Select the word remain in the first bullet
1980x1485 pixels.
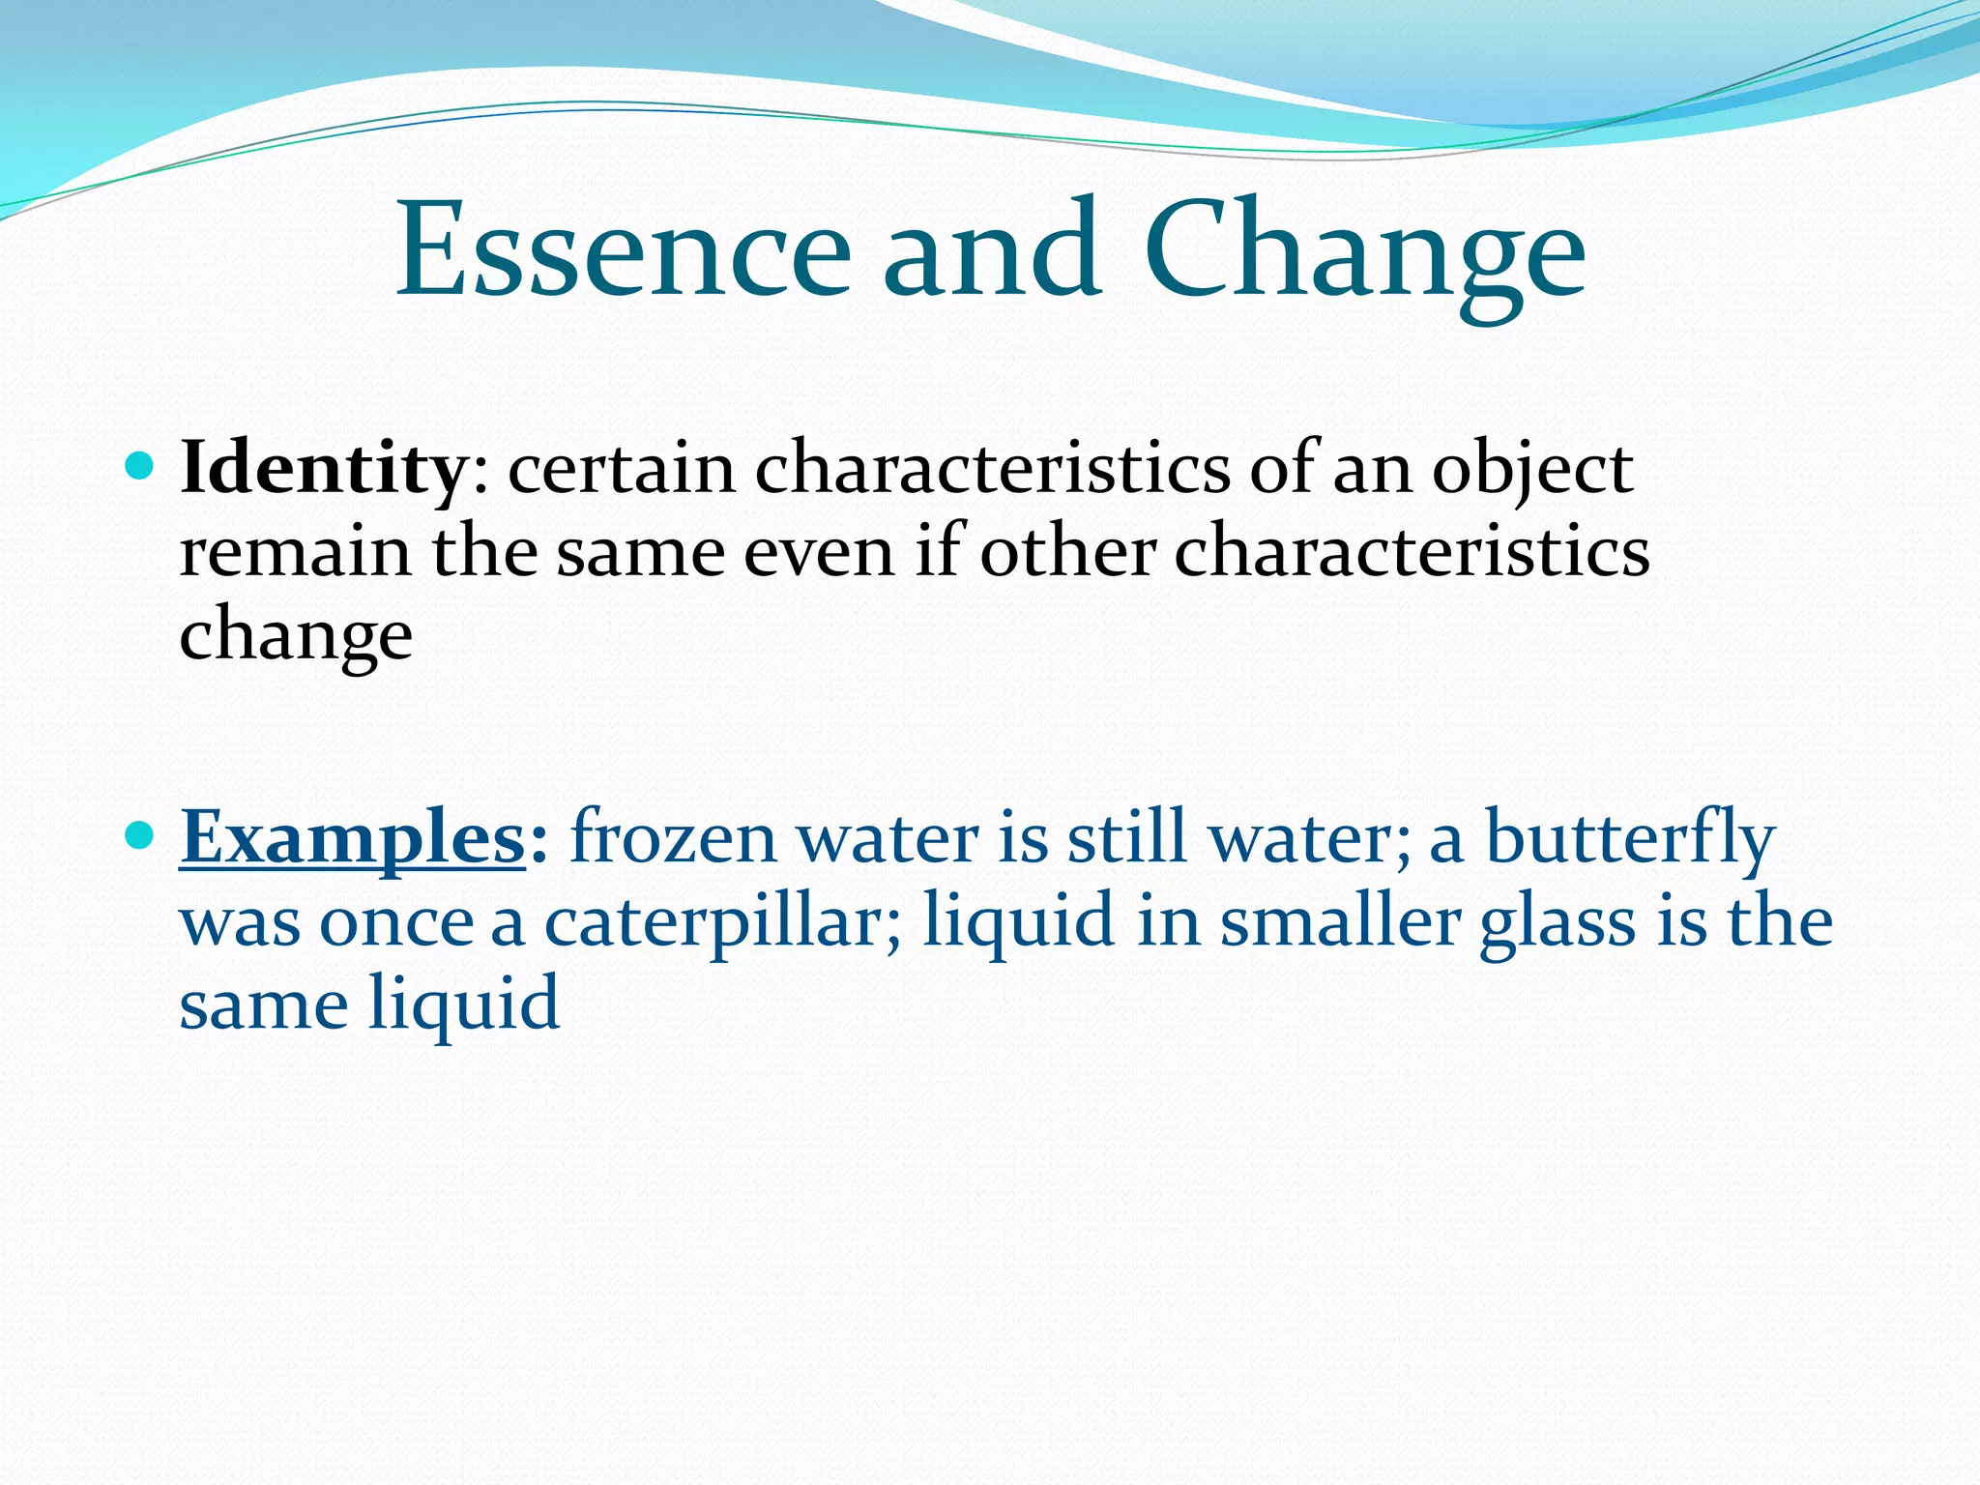click(x=296, y=553)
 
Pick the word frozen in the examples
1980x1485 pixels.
click(x=674, y=837)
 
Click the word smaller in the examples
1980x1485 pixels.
click(x=1340, y=920)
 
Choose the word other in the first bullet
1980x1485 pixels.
click(x=1067, y=553)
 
